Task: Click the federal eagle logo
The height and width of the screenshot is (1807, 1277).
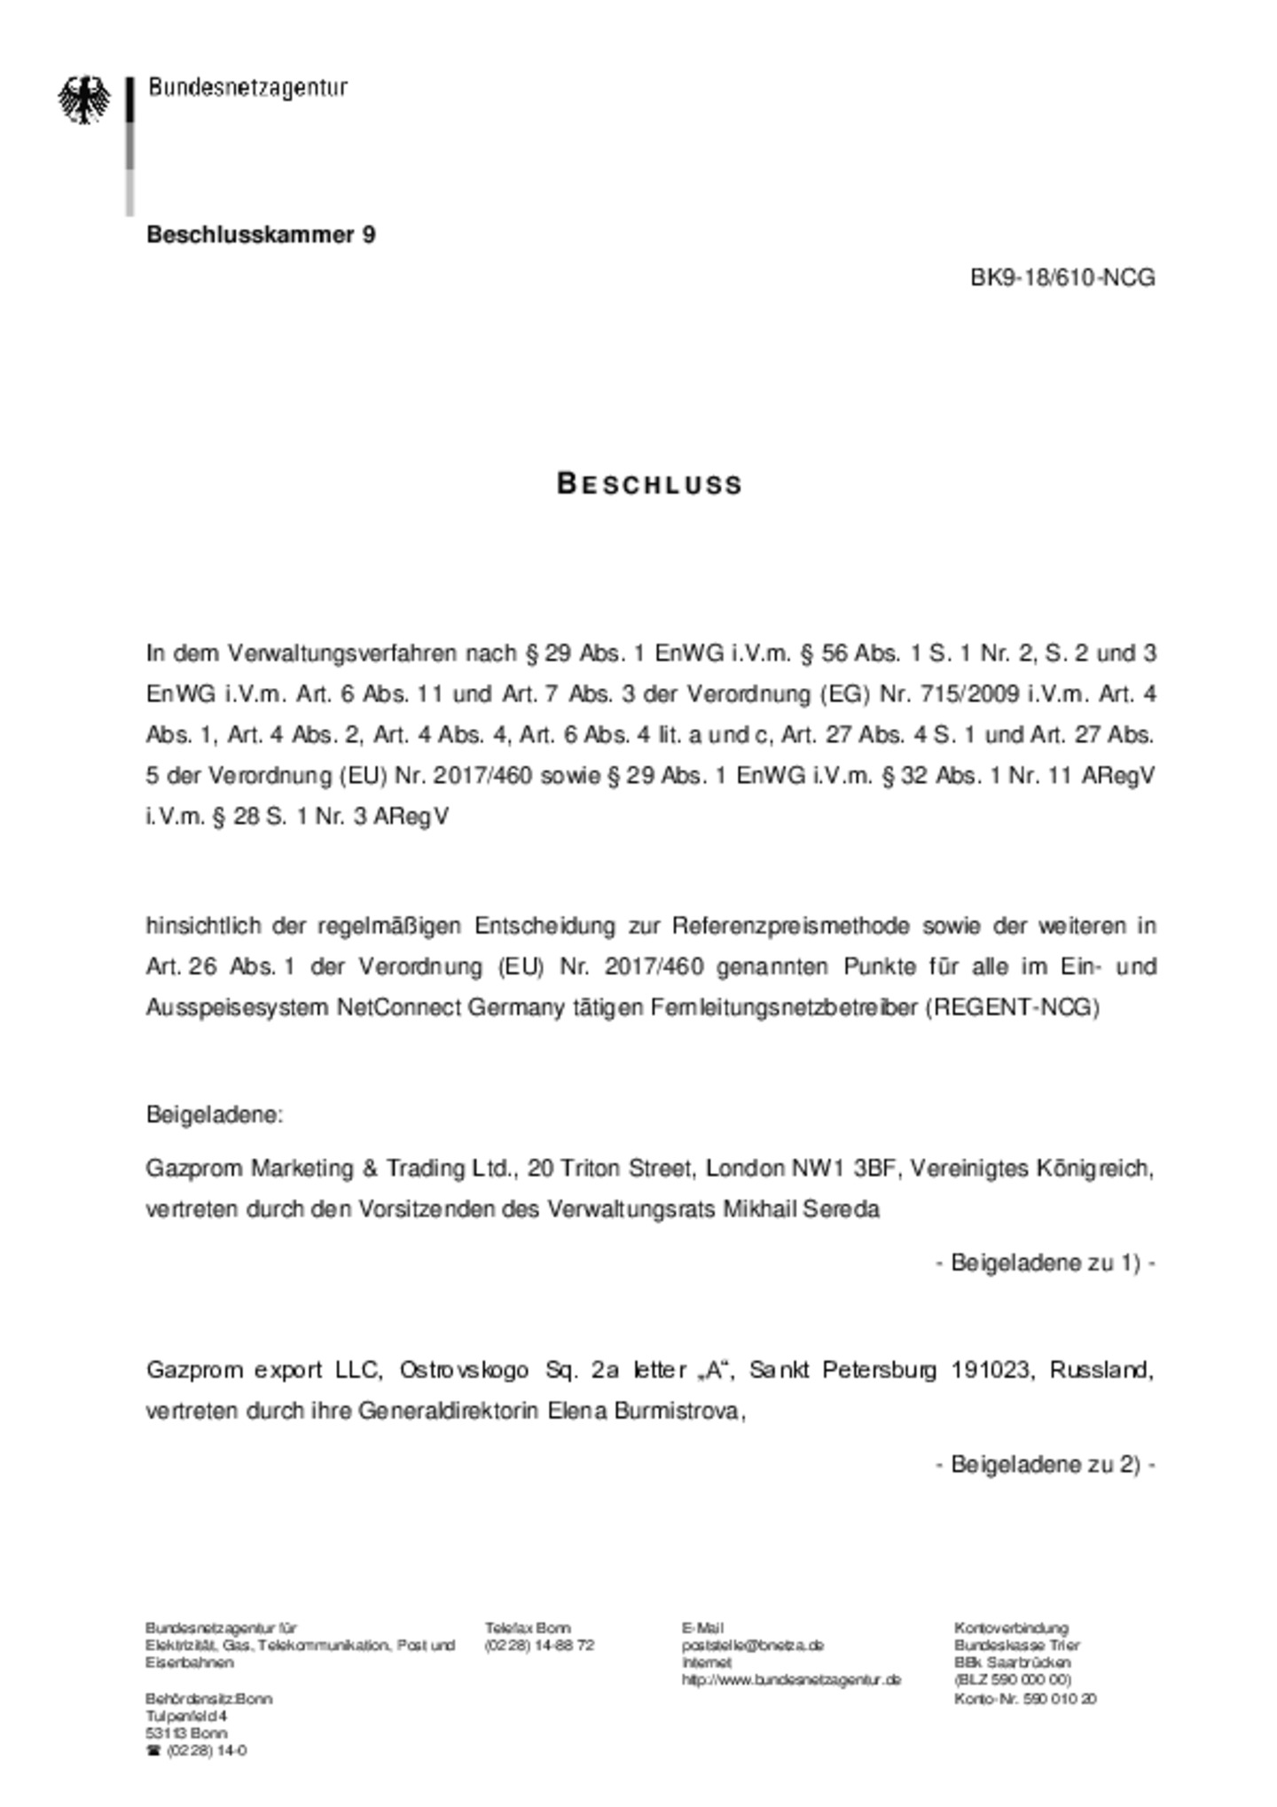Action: (84, 98)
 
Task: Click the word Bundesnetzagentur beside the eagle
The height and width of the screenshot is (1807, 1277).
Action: (247, 88)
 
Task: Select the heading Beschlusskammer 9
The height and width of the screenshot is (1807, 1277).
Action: (261, 235)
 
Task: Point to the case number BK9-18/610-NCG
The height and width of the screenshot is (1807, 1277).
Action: (1062, 278)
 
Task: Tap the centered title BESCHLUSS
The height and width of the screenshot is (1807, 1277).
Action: (649, 484)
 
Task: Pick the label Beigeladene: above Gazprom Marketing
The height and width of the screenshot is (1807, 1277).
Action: (215, 1115)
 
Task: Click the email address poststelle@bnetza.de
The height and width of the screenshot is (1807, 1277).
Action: (753, 1645)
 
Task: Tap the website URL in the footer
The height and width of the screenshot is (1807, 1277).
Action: (791, 1679)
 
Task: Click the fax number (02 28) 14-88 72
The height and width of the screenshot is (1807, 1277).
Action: (539, 1645)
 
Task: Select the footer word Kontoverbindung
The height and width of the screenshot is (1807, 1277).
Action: (1011, 1628)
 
